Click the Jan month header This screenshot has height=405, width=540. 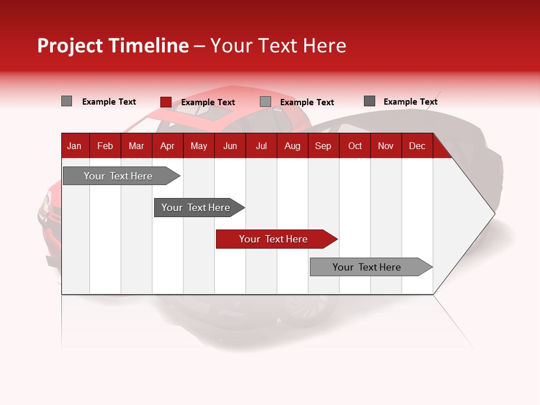coord(74,146)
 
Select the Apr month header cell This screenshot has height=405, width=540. coord(167,146)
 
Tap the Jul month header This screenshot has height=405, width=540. coord(261,146)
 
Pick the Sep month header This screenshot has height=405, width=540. coord(323,146)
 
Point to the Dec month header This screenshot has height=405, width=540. coord(417,146)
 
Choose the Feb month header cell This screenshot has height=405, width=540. coord(105,146)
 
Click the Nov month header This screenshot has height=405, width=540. coord(386,146)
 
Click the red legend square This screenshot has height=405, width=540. coord(165,102)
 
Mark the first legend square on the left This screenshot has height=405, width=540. coord(66,101)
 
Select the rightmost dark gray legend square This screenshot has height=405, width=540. coord(370,101)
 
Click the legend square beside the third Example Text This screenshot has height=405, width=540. coord(265,102)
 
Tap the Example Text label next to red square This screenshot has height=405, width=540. coord(208,102)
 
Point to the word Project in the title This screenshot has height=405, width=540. coord(70,46)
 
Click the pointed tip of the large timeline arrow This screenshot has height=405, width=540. coord(494,213)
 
